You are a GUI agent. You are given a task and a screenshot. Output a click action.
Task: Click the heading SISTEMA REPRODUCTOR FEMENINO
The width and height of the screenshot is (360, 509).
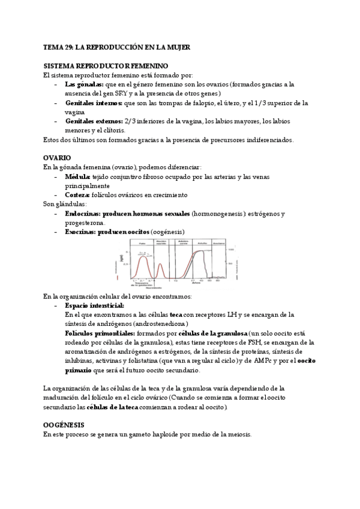(x=106, y=65)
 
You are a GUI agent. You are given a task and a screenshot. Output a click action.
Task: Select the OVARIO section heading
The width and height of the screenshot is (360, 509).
(x=58, y=157)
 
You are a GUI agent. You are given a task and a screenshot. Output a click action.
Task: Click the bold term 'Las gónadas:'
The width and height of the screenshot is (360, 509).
(x=84, y=85)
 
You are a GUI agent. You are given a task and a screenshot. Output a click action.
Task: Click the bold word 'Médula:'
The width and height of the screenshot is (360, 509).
(x=77, y=177)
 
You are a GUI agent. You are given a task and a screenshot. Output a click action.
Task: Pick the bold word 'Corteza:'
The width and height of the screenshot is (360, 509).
(x=79, y=195)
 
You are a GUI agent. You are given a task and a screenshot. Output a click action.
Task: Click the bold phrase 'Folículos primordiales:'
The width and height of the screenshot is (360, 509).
(x=100, y=334)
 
